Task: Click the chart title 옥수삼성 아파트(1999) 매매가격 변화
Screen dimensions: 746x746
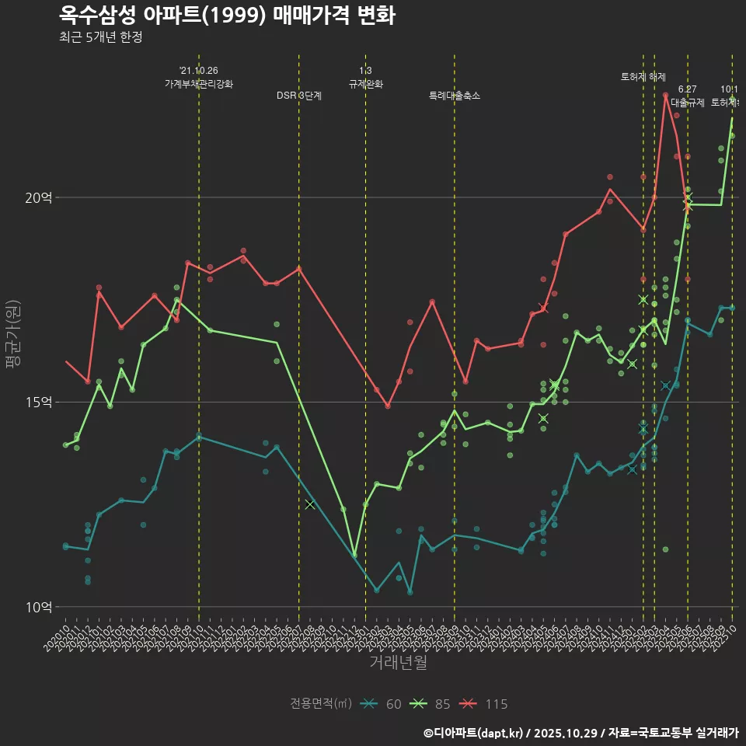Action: (x=227, y=16)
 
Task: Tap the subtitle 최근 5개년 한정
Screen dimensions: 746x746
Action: (x=100, y=37)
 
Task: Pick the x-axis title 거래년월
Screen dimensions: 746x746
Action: (x=398, y=663)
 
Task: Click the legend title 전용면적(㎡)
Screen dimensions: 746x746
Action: (x=321, y=704)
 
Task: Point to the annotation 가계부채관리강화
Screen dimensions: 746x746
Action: (x=199, y=84)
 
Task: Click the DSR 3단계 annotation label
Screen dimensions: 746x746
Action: (x=299, y=96)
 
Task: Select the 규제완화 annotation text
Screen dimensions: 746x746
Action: (x=366, y=84)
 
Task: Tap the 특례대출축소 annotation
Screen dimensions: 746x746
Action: (x=455, y=96)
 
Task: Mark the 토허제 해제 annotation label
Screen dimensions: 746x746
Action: (x=643, y=77)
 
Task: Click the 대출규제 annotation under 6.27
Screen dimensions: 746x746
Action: (x=688, y=103)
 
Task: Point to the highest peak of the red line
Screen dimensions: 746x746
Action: (x=666, y=95)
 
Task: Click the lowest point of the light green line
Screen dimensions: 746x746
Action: (x=354, y=556)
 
